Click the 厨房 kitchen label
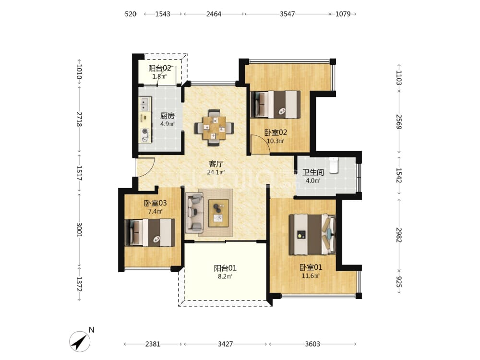(x=168, y=116)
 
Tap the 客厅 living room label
(x=216, y=164)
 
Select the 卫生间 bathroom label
(x=313, y=172)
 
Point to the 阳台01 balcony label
(x=225, y=268)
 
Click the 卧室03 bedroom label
(x=155, y=203)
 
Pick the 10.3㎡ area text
(x=276, y=141)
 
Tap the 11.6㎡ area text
(x=311, y=276)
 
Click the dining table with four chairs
(x=214, y=127)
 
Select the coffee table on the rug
(x=218, y=213)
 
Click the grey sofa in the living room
(x=194, y=212)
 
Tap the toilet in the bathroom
(x=334, y=165)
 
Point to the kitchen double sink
(x=145, y=104)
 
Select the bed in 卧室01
(x=312, y=235)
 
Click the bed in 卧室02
(x=275, y=104)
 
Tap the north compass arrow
(x=79, y=341)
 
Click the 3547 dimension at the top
(x=287, y=14)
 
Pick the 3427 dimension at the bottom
(x=225, y=344)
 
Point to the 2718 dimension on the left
(x=79, y=119)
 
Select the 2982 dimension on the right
(x=399, y=235)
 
